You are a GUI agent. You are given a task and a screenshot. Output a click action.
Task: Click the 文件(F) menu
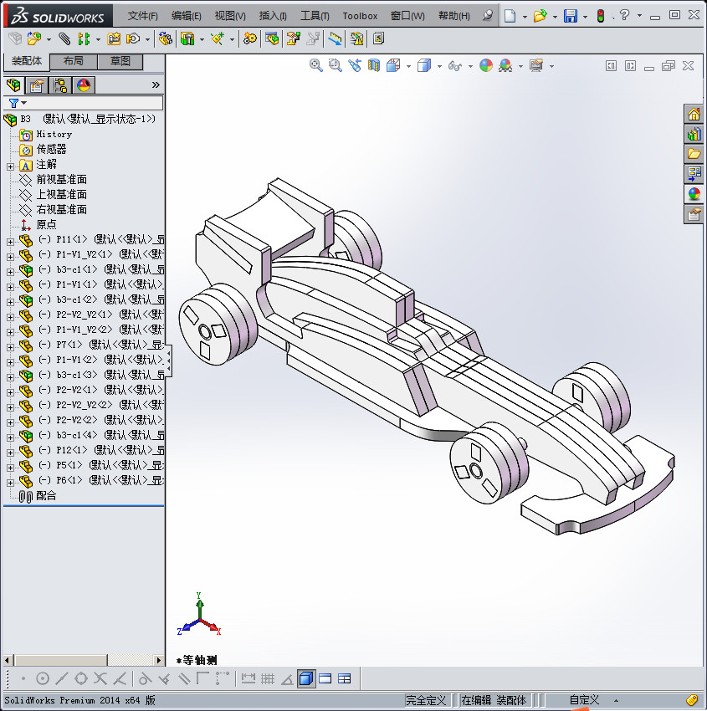142,16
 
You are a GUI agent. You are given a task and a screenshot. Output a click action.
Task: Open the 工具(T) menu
315,16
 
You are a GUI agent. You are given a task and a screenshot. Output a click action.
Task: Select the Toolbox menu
360,16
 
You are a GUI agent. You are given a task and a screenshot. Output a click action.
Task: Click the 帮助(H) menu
453,16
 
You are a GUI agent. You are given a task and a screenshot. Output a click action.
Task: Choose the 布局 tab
74,61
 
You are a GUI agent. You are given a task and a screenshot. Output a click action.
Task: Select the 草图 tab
120,61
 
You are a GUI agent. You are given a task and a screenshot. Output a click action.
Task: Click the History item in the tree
54,134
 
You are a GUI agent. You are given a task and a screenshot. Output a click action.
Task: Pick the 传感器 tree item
51,149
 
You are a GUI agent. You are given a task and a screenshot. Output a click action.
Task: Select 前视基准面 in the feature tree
61,179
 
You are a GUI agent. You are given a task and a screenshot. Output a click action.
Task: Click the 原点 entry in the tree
46,224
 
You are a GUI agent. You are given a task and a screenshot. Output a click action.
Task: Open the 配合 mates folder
46,495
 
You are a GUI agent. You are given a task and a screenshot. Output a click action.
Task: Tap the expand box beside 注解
10,165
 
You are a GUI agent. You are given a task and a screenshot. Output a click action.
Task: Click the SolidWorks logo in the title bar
57,16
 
